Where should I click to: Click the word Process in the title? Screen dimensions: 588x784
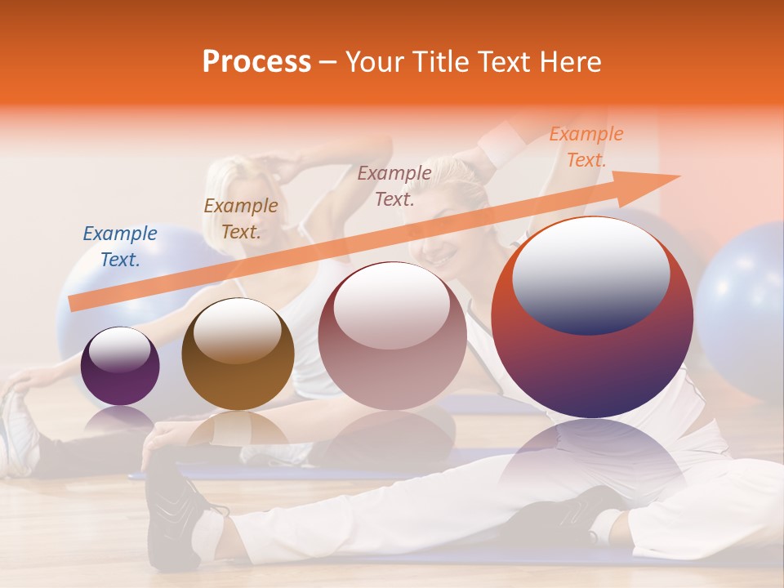tap(256, 62)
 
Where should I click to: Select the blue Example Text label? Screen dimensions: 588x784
tap(120, 246)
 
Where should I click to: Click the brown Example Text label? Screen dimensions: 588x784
tap(241, 218)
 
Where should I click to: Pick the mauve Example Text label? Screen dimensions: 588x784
tap(394, 185)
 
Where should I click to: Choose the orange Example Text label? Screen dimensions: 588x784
tap(586, 147)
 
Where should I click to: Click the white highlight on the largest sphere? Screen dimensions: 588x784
tap(590, 274)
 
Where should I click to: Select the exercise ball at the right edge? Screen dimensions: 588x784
tap(743, 310)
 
